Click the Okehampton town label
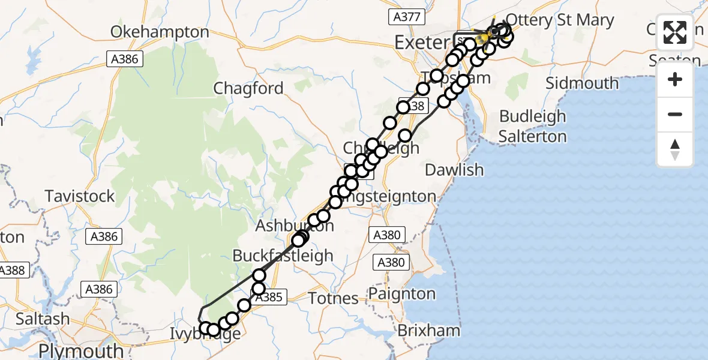pyautogui.click(x=160, y=32)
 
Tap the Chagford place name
pyautogui.click(x=248, y=89)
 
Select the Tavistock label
pyautogui.click(x=80, y=196)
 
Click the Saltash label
pyautogui.click(x=42, y=319)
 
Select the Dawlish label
pyautogui.click(x=454, y=170)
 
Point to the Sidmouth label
pyautogui.click(x=582, y=83)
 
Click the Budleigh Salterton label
pyautogui.click(x=532, y=126)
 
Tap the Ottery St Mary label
pyautogui.click(x=560, y=20)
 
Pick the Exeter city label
pyautogui.click(x=421, y=42)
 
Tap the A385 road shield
pyautogui.click(x=275, y=296)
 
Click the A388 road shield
pyautogui.click(x=11, y=270)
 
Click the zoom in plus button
pyautogui.click(x=675, y=79)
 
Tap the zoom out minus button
pyautogui.click(x=675, y=114)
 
